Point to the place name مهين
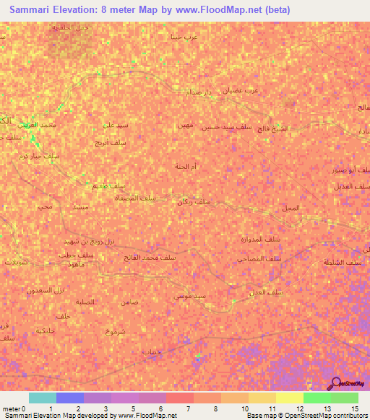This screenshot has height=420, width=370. [x=184, y=126]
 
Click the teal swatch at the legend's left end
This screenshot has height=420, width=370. [x=42, y=398]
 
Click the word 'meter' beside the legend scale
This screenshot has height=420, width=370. [x=11, y=408]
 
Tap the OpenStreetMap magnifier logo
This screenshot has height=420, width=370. [x=334, y=383]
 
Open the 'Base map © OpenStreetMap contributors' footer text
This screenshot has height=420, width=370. [x=306, y=416]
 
